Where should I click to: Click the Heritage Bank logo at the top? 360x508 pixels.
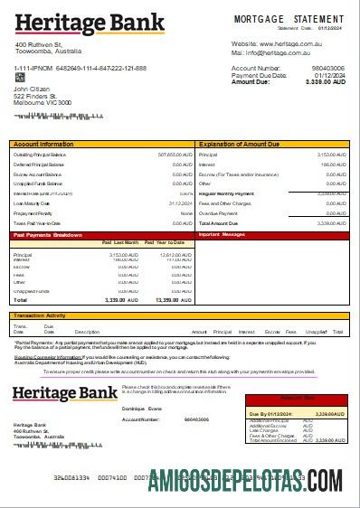click(x=76, y=23)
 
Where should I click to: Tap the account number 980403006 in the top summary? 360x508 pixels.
click(x=327, y=68)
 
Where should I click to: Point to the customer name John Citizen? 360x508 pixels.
click(x=33, y=89)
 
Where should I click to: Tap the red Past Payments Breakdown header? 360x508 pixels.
click(x=47, y=234)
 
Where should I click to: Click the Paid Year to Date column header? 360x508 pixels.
click(x=168, y=243)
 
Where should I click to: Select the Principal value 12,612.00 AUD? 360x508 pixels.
click(x=174, y=255)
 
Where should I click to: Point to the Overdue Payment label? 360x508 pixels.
click(x=219, y=212)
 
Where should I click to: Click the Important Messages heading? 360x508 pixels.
click(x=222, y=234)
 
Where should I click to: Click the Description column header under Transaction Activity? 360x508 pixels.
click(x=87, y=332)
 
